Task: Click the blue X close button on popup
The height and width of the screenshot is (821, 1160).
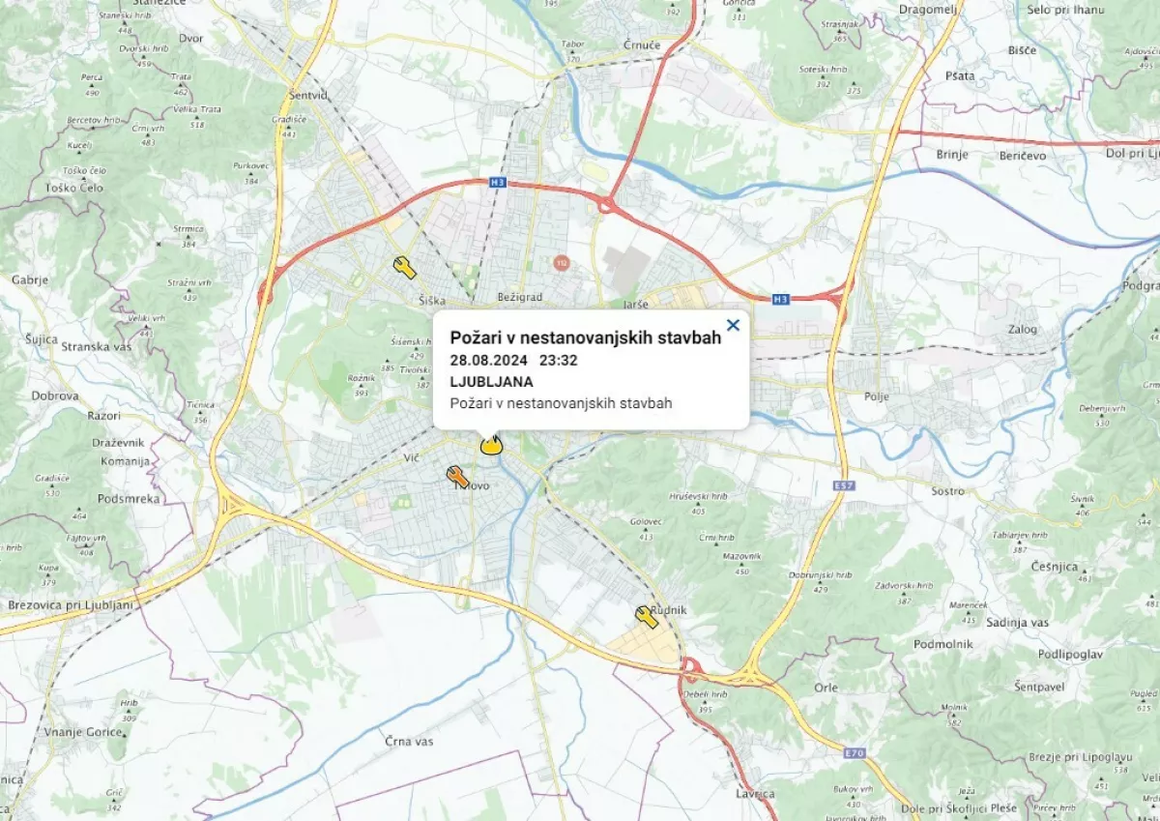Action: (733, 325)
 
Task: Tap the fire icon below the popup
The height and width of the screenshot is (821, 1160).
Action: (491, 445)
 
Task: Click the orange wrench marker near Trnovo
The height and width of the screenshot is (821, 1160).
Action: (457, 476)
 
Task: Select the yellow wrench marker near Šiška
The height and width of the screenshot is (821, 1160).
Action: (405, 267)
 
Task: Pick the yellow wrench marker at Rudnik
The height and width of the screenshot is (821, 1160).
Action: (646, 616)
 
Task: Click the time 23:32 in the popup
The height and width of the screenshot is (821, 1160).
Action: (558, 360)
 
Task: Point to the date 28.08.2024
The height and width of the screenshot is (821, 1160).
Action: (487, 360)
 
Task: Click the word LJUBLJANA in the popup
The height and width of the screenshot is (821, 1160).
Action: (491, 381)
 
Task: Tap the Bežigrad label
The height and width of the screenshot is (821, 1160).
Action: (520, 296)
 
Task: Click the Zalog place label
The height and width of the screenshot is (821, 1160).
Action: (1022, 329)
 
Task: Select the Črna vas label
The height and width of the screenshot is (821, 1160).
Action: (409, 741)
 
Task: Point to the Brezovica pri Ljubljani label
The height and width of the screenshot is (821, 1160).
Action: (69, 604)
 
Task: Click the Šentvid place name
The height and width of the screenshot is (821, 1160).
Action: (308, 95)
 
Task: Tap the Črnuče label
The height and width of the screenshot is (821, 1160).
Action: (615, 44)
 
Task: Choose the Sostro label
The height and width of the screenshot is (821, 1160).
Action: (947, 491)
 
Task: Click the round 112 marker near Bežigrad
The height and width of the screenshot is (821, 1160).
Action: (561, 262)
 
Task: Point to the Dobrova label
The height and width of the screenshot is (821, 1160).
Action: (54, 396)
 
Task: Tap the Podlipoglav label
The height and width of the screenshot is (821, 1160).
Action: (1069, 655)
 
